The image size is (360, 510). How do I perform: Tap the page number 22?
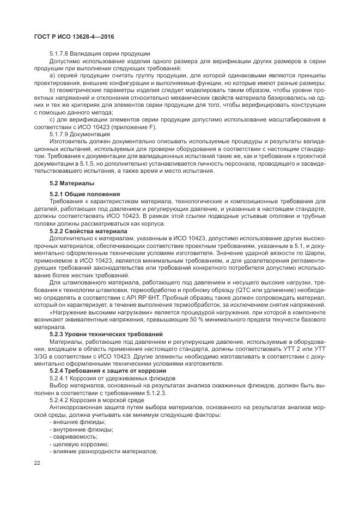(38, 463)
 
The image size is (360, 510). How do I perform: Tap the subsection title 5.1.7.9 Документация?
(80, 134)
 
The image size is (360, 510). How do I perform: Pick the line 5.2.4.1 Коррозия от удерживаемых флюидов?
(113, 378)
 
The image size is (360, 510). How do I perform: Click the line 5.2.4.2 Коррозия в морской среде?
(96, 400)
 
